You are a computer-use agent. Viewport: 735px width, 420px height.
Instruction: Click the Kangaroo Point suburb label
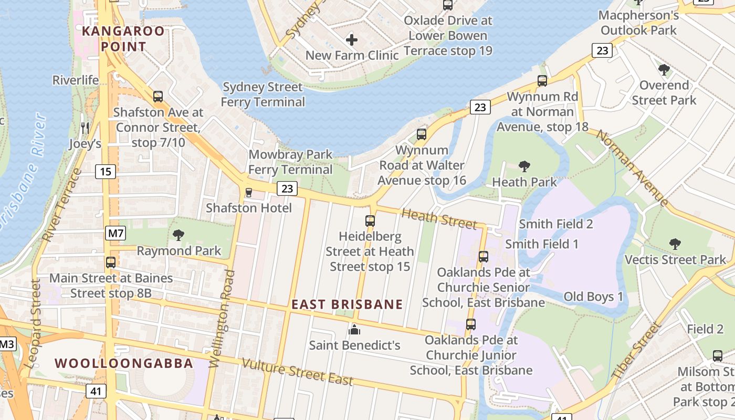click(114, 39)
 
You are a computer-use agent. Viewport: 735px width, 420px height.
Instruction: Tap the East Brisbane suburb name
click(347, 304)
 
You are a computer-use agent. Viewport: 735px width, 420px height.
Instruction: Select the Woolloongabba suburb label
click(124, 363)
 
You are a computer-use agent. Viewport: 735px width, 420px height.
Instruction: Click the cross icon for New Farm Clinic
click(352, 39)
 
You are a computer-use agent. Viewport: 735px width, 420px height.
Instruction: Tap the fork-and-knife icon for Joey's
click(85, 128)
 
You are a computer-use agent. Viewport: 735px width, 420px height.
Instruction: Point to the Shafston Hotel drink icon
click(249, 193)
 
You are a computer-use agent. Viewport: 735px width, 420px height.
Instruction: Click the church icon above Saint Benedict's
click(354, 330)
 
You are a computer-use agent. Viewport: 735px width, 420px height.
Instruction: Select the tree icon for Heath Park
click(524, 167)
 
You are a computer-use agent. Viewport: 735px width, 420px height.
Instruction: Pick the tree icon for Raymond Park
click(178, 235)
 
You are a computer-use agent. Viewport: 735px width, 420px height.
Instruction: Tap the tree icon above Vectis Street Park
click(675, 244)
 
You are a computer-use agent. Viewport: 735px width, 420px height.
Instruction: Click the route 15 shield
click(106, 172)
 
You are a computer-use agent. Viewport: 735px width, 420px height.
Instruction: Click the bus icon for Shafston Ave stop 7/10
click(158, 97)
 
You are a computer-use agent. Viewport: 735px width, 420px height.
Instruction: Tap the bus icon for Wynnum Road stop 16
click(422, 134)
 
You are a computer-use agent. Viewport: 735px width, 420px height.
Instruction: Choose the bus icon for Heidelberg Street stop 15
click(370, 221)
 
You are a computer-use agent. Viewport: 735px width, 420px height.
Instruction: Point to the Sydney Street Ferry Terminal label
click(262, 94)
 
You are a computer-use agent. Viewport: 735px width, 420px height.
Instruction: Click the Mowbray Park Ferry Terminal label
click(290, 162)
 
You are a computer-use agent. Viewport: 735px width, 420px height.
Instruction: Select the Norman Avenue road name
click(632, 168)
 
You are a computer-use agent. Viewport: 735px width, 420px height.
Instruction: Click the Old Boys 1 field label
click(593, 297)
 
